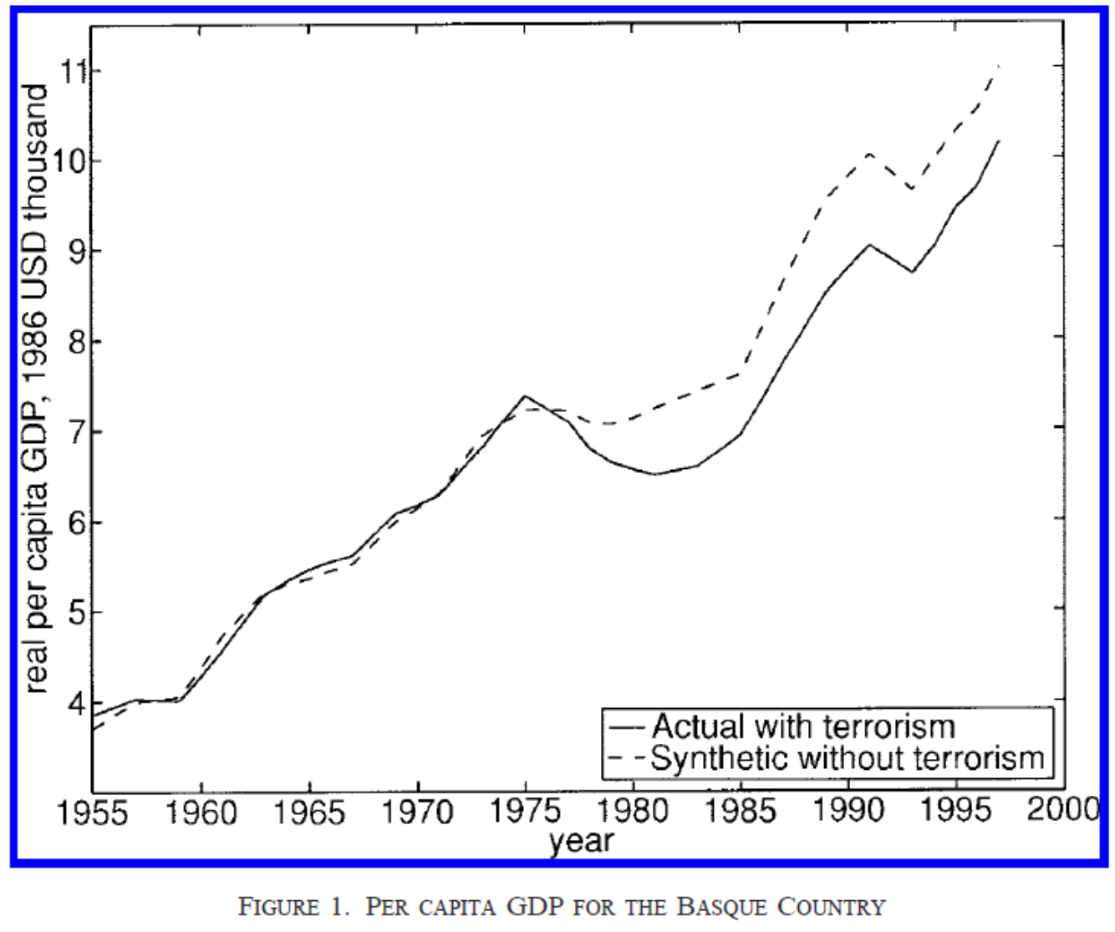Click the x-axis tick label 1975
pos(526,811)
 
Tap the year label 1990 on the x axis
pos(848,811)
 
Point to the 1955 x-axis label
pos(92,812)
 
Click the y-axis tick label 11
pos(74,70)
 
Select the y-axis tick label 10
pos(70,160)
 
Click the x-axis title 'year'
pos(581,841)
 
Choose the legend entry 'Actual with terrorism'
pos(802,726)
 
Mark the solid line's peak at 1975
pos(525,396)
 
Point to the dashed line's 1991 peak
pos(870,154)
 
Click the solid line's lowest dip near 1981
pos(655,474)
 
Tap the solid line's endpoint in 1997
pos(999,140)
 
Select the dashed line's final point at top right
pos(999,65)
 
